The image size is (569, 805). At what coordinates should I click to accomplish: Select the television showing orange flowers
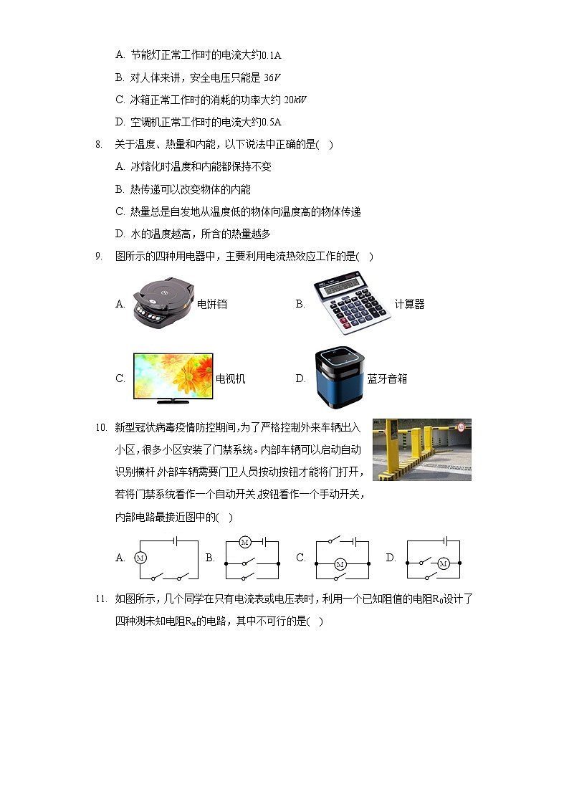point(173,377)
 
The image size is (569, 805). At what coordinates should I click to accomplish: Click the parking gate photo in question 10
point(421,449)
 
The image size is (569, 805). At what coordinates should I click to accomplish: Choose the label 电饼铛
point(212,304)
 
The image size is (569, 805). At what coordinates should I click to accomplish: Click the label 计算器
point(409,304)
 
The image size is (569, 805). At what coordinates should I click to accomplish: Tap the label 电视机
point(231,378)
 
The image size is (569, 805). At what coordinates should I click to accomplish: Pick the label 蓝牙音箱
point(387,378)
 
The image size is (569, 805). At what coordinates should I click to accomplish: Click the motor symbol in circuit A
point(140,557)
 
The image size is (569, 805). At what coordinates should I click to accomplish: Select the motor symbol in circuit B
point(244,541)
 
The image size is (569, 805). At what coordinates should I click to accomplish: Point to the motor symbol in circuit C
point(340,565)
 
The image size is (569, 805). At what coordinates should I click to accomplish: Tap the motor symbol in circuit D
point(442,564)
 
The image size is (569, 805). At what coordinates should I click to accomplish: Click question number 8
point(99,144)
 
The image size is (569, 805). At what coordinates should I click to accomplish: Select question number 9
point(99,256)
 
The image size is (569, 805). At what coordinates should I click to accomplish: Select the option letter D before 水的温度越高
point(120,234)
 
